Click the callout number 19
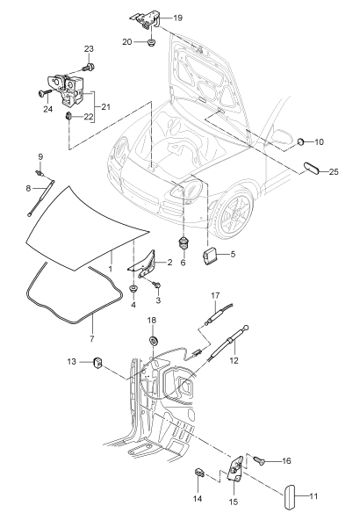178,18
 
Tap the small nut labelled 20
151,42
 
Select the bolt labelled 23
89,68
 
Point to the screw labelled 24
45,93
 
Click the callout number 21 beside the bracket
105,107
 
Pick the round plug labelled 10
301,141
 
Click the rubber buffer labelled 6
184,242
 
